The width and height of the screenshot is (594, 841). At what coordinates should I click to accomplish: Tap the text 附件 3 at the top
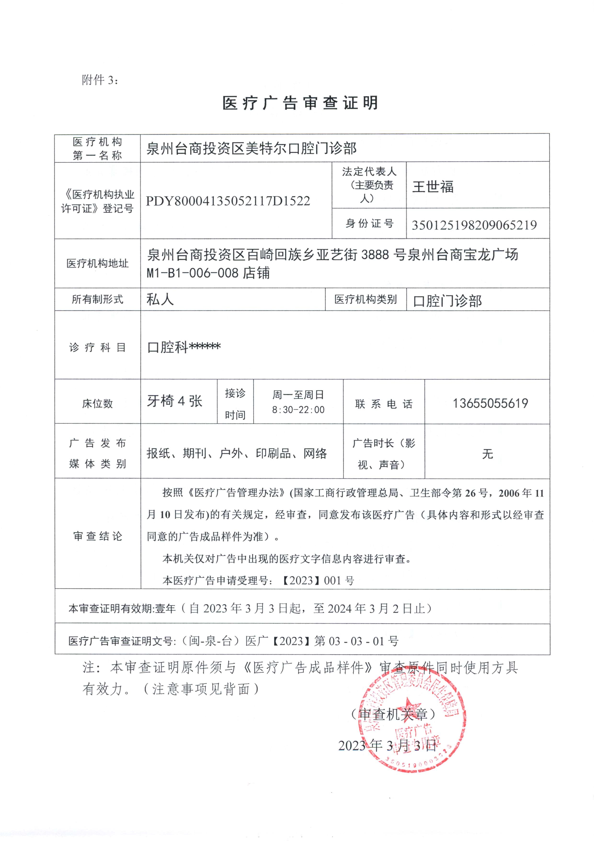(100, 80)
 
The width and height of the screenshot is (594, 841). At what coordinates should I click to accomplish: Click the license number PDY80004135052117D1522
(228, 201)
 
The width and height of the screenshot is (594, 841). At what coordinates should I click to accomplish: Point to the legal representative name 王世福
(433, 187)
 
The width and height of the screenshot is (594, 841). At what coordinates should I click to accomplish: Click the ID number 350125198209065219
(474, 225)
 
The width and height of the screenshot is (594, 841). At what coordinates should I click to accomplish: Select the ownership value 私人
(160, 300)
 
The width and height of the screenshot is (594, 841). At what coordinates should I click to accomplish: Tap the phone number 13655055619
(490, 404)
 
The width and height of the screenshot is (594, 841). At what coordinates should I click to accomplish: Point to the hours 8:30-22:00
(298, 410)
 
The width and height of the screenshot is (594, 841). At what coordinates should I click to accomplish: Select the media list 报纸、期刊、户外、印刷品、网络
(236, 453)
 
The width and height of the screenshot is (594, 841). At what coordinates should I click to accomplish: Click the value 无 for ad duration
(487, 454)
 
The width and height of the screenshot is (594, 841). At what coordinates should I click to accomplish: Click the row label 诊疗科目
(97, 347)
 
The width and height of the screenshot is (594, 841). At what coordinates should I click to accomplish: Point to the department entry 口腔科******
(184, 347)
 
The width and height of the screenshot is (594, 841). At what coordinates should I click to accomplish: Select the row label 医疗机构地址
(97, 263)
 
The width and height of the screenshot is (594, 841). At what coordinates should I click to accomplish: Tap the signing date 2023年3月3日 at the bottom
(387, 745)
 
